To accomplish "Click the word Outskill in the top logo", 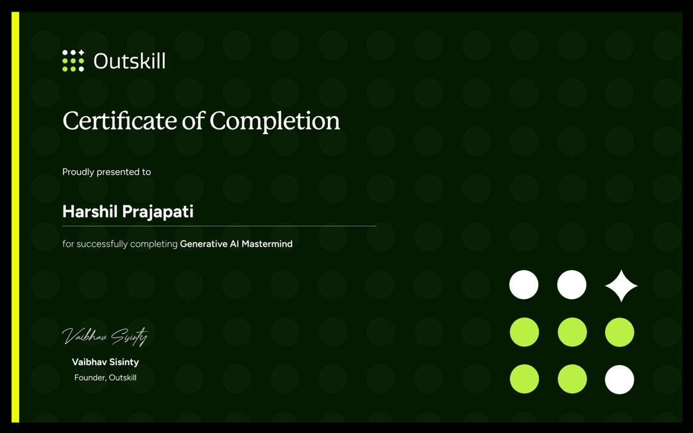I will (x=130, y=61).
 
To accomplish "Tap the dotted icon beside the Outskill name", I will (x=73, y=60).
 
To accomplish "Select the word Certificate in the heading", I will (x=117, y=121).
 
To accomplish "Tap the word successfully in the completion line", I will (x=103, y=244).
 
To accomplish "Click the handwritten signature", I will (x=105, y=335).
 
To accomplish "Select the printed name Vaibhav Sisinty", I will (x=105, y=362).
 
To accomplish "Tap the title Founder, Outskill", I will (x=105, y=378).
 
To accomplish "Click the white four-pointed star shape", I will (x=621, y=285).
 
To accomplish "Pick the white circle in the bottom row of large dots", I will (x=619, y=380).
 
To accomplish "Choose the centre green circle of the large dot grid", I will (x=572, y=332).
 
